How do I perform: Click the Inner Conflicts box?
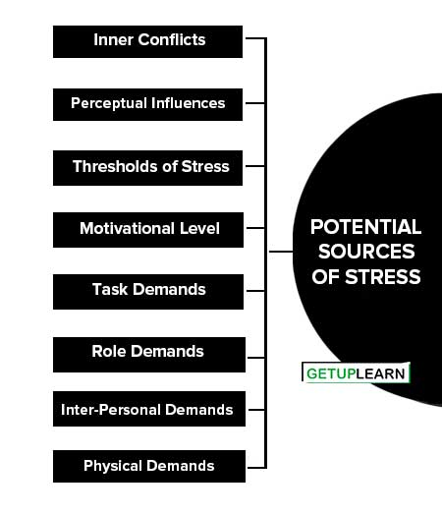tap(147, 41)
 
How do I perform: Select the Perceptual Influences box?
tap(147, 104)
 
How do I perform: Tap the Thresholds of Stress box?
tap(147, 168)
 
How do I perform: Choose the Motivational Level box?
tap(148, 230)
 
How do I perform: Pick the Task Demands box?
tap(148, 292)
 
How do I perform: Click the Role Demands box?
tap(149, 355)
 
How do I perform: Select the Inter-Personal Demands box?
tap(149, 409)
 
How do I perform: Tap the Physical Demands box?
tap(149, 467)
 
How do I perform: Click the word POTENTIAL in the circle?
tap(365, 227)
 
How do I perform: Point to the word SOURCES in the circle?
tap(366, 252)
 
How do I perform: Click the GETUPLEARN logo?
tap(356, 372)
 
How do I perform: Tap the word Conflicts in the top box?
tap(172, 39)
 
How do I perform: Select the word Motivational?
tap(127, 228)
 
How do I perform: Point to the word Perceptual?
tap(109, 104)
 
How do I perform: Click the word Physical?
tap(113, 466)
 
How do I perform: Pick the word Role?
tap(109, 351)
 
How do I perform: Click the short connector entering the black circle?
tap(281, 252)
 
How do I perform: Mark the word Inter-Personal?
tap(111, 410)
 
